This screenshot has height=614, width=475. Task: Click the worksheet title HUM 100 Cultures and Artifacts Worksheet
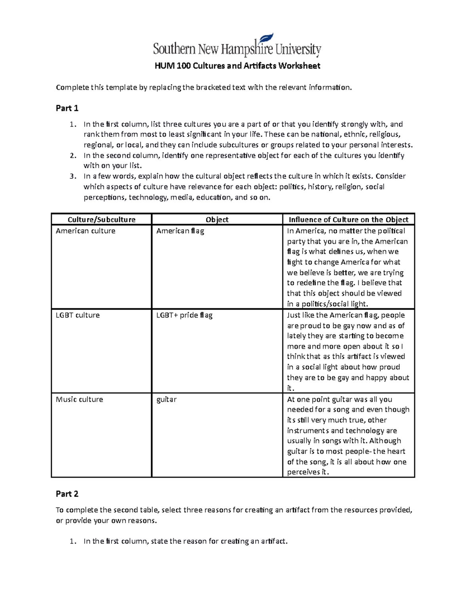click(x=237, y=66)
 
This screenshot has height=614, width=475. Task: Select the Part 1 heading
click(x=67, y=108)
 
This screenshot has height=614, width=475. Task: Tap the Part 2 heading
click(x=67, y=494)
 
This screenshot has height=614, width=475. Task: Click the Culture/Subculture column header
click(x=101, y=220)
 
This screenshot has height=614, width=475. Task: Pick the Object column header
click(x=217, y=220)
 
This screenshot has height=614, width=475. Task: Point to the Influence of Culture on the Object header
click(x=348, y=220)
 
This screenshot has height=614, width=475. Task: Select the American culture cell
click(x=85, y=231)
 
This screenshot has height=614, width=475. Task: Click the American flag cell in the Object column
click(x=180, y=231)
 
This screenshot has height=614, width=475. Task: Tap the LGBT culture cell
click(x=78, y=315)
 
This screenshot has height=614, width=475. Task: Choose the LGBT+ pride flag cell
click(x=184, y=315)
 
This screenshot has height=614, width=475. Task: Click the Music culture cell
click(x=79, y=399)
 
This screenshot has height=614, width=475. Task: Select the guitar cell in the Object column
click(x=166, y=400)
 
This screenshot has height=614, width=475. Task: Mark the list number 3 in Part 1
click(x=72, y=176)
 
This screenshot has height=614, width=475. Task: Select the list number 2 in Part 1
click(x=72, y=156)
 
